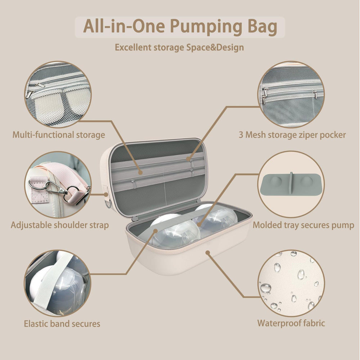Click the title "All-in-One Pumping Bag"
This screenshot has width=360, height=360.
point(180,27)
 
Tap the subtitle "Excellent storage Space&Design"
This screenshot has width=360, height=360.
point(179,47)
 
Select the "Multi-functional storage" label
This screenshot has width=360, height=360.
point(59,135)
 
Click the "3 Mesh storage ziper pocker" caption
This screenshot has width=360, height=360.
point(292,135)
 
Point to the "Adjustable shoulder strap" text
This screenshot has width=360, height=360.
point(60,225)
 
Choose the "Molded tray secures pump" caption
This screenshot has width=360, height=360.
point(303,225)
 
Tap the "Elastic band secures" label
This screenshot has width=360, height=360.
point(62,324)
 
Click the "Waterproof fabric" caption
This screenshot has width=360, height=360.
point(291,323)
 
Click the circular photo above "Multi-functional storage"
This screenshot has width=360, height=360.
point(58,94)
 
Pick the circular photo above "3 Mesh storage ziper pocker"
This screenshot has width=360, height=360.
point(291,94)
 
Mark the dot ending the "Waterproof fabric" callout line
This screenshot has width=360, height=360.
point(207,252)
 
